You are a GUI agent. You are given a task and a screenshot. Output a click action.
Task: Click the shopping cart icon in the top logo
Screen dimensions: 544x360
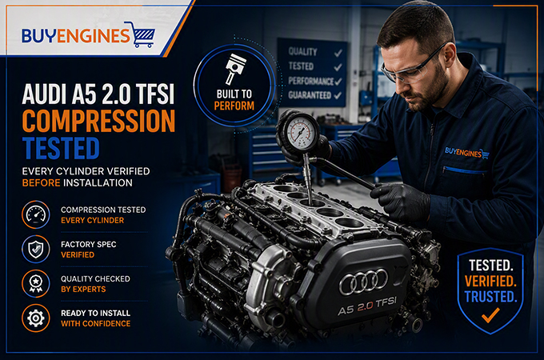tap(143, 34)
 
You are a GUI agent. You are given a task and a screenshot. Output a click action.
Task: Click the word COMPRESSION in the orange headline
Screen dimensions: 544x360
tap(99, 121)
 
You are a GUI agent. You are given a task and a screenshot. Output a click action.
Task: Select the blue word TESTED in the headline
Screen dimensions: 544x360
tap(61, 148)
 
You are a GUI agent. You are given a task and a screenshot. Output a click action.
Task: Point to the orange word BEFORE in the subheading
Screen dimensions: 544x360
tap(41, 182)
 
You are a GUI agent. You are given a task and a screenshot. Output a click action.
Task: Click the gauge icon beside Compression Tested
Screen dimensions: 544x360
tap(36, 214)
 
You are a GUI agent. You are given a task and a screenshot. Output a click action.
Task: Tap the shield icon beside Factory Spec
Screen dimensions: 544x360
tap(36, 249)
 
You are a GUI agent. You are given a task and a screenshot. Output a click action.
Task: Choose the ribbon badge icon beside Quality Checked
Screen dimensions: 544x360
tap(36, 283)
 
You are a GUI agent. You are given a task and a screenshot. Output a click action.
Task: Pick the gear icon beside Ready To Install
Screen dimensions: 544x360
tap(36, 318)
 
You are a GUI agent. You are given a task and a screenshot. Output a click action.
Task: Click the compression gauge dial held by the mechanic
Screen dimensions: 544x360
tap(301, 133)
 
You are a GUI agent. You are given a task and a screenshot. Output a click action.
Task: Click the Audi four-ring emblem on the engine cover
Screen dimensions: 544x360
tap(363, 281)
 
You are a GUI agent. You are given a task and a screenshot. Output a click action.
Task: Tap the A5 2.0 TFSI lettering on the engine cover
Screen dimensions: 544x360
tap(367, 306)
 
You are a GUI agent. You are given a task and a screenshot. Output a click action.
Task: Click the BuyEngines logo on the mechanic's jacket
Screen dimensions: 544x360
tap(467, 153)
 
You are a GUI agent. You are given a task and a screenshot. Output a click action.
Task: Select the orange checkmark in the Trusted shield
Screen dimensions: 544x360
tap(490, 315)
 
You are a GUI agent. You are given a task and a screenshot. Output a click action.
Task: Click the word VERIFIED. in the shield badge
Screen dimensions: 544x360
tap(490, 282)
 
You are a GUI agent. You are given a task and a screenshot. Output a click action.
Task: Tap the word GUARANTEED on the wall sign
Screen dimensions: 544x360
tap(310, 95)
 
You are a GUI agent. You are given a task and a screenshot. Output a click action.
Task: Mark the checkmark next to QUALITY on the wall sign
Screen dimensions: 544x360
tap(338, 53)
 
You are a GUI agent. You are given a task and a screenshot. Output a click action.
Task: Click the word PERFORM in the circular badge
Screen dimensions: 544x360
tap(234, 106)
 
